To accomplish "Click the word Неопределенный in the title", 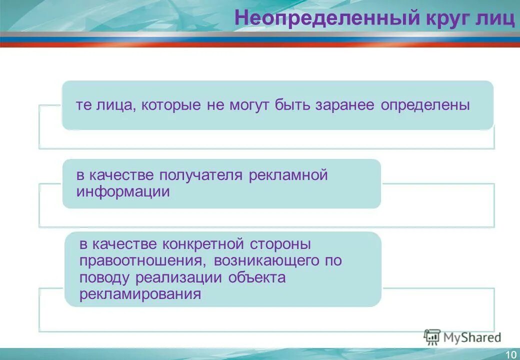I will (x=326, y=18).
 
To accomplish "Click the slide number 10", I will (x=510, y=354).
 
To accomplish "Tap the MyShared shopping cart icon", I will (x=431, y=337).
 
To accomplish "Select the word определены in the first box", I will (x=425, y=105).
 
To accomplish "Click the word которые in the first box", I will (x=171, y=105).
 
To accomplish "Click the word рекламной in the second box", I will (x=287, y=175).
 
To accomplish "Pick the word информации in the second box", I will (x=123, y=192).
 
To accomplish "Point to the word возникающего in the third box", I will (x=266, y=261).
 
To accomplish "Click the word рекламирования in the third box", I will (x=140, y=294).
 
